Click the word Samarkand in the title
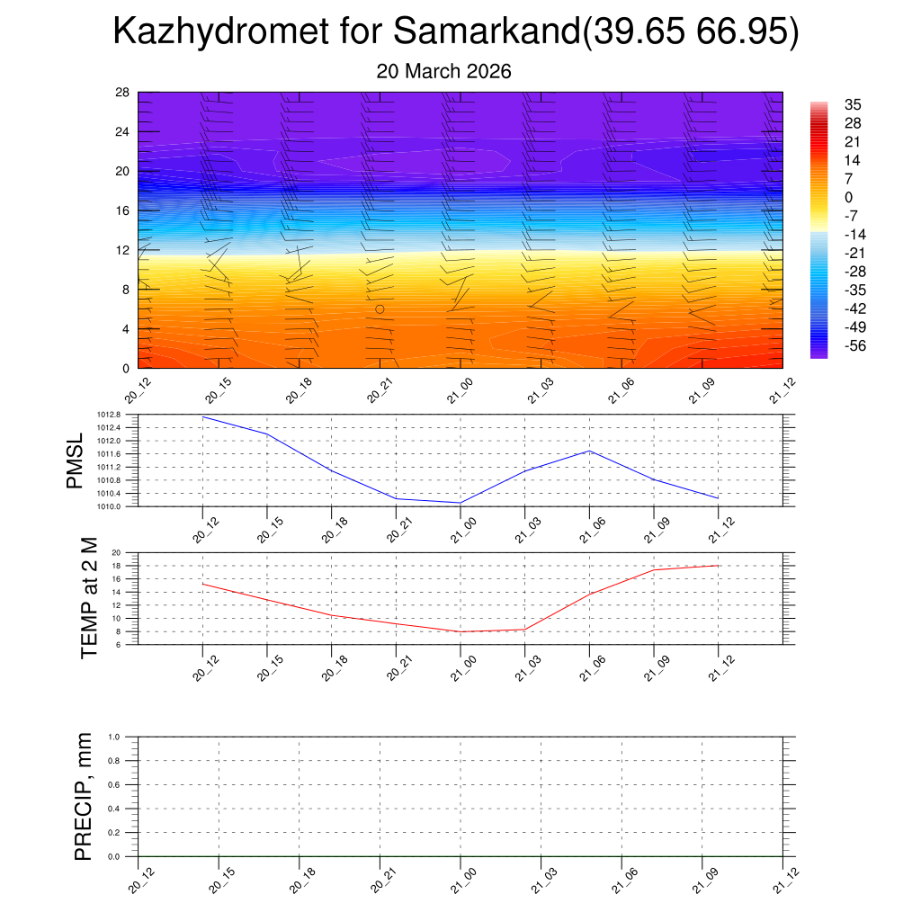tap(487, 33)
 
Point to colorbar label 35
tap(853, 105)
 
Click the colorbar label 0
tap(848, 197)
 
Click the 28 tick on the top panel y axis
tap(123, 92)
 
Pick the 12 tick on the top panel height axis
tap(123, 250)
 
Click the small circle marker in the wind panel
tap(380, 308)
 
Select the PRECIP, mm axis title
tap(83, 796)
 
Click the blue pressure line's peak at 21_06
tap(589, 451)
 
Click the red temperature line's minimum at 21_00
tap(460, 632)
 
